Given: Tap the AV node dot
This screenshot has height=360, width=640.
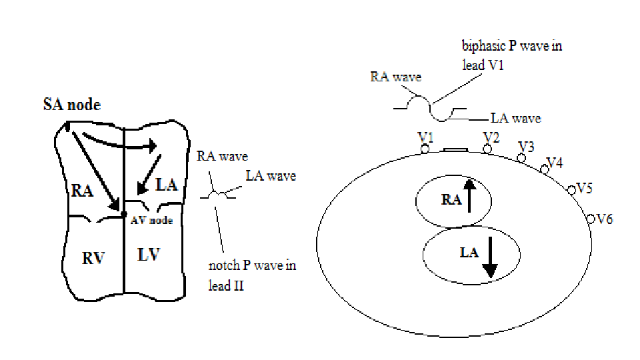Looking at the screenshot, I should (x=124, y=214).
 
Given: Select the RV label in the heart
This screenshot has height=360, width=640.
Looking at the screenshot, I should (x=94, y=257).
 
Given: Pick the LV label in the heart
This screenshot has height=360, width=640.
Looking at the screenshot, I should (x=149, y=254).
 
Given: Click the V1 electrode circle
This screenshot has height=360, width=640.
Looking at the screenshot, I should (x=425, y=149).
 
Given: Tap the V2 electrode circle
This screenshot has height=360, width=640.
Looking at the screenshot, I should (x=487, y=149).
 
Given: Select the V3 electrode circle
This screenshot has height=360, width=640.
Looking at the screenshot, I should (x=521, y=157).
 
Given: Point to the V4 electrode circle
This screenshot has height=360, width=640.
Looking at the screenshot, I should (x=545, y=169).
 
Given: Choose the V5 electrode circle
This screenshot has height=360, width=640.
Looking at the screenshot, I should (x=571, y=191).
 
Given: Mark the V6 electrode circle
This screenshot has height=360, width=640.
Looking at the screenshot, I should (x=591, y=218).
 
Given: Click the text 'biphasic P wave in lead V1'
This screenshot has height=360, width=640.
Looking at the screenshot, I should (x=512, y=56).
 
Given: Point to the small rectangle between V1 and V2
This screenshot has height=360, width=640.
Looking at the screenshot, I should (x=456, y=150).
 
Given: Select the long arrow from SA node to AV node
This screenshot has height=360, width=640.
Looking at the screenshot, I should (x=95, y=167).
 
